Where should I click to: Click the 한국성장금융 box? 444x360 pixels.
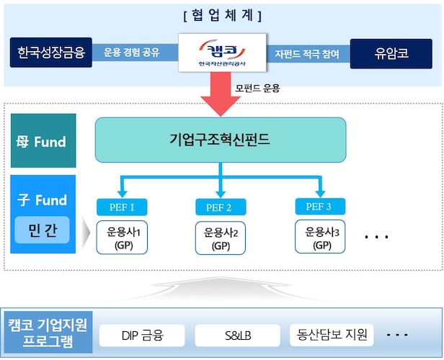(51, 53)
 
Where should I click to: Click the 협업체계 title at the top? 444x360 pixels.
(221, 15)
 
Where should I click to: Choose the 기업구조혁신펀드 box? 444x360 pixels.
(221, 139)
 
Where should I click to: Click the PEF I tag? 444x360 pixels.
(121, 208)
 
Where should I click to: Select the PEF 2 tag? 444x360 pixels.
(221, 208)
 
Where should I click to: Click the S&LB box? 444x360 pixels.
(237, 335)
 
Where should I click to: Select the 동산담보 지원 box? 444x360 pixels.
(332, 335)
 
